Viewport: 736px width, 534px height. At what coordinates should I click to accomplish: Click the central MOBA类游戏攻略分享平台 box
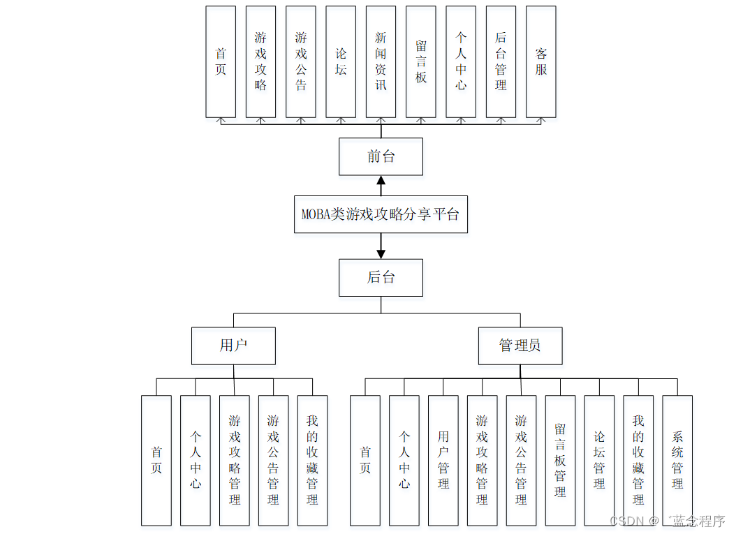[381, 214]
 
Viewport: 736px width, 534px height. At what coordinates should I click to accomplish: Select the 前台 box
[381, 156]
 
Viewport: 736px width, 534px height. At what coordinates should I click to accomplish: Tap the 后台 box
[381, 277]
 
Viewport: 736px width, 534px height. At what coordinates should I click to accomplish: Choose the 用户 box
[233, 346]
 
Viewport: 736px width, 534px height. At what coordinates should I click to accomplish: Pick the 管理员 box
[520, 346]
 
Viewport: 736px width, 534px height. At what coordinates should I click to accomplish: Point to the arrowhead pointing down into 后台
[381, 253]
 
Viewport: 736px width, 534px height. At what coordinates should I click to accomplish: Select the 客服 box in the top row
[540, 62]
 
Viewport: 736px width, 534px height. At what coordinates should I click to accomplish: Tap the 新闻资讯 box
[381, 62]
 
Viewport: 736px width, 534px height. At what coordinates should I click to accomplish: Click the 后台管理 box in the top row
[501, 62]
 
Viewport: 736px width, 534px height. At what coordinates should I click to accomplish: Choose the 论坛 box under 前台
[341, 62]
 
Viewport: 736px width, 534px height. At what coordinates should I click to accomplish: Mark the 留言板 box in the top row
[420, 62]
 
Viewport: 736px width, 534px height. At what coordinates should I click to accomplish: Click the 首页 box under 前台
[221, 62]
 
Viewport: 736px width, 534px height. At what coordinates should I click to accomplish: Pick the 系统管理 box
[677, 461]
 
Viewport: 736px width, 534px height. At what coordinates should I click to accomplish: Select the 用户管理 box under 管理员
[443, 461]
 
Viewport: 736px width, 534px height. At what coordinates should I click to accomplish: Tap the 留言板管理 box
[560, 461]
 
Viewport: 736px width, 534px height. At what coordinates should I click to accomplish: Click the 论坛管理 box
[599, 461]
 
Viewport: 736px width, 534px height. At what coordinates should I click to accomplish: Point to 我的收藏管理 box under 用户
[312, 461]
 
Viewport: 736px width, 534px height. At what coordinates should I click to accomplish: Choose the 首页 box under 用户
[156, 461]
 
